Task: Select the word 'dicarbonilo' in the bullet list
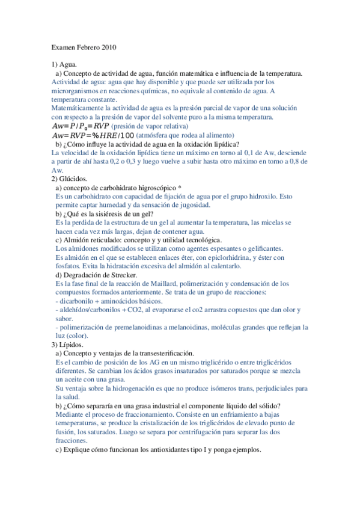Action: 76,301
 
